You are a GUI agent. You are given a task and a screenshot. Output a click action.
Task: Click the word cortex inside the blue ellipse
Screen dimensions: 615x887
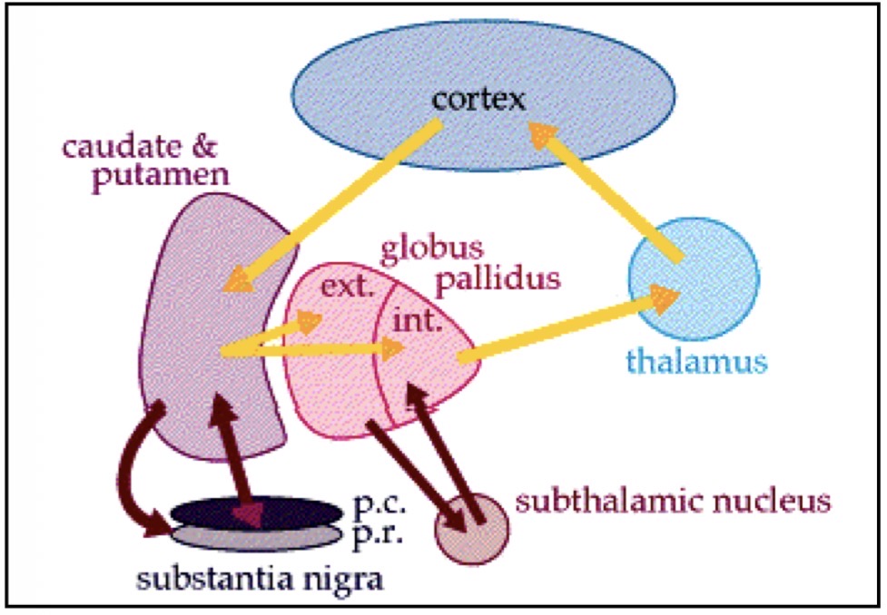pyautogui.click(x=478, y=97)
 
